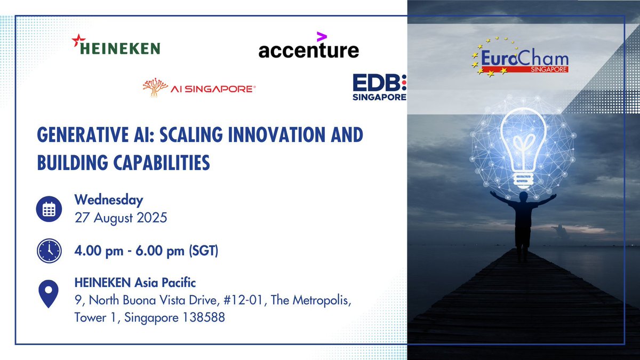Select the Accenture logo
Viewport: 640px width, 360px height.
(308, 47)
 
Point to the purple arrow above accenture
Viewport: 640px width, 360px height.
(321, 36)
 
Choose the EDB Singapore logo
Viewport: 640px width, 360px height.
(379, 87)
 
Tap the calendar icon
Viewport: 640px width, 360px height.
(49, 210)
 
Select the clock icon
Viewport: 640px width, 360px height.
(49, 250)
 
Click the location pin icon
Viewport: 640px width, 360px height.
(49, 294)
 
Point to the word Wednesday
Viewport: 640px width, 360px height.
(109, 201)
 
